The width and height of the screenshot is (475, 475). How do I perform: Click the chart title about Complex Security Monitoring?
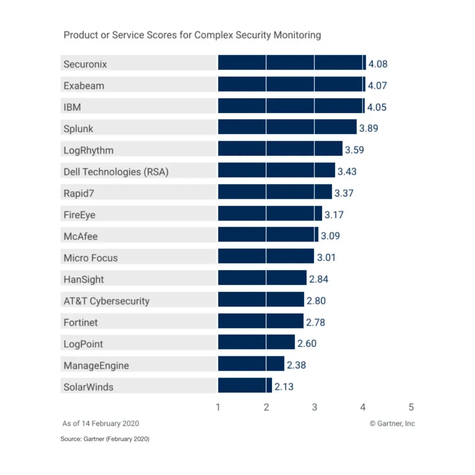click(x=192, y=35)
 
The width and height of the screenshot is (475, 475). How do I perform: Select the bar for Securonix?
click(x=292, y=63)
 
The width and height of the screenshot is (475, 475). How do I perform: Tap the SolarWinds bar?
click(x=245, y=385)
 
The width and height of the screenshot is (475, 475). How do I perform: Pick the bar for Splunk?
click(x=287, y=127)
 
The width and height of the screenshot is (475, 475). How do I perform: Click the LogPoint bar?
click(x=256, y=342)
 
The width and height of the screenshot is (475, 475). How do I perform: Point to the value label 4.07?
click(x=378, y=86)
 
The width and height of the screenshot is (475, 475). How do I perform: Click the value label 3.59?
click(x=354, y=150)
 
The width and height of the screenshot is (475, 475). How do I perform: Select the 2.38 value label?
click(x=296, y=366)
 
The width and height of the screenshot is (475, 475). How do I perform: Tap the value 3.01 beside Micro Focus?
click(x=326, y=258)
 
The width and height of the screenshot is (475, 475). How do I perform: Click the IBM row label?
click(x=72, y=107)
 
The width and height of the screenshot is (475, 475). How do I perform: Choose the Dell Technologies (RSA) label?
click(x=116, y=172)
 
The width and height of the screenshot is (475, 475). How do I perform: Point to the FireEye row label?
click(x=79, y=215)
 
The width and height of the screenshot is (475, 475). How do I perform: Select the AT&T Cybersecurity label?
click(x=107, y=301)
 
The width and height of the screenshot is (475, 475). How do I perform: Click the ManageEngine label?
click(x=96, y=366)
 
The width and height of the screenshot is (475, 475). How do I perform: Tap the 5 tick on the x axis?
click(x=411, y=408)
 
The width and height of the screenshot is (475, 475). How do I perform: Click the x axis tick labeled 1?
click(x=218, y=408)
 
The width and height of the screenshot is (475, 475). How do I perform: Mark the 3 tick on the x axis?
click(x=315, y=408)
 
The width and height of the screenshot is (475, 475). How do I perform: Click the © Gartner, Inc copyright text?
click(x=392, y=424)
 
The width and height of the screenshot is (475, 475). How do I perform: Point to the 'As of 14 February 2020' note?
click(x=101, y=424)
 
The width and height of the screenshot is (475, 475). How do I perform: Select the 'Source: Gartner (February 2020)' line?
click(x=105, y=439)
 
